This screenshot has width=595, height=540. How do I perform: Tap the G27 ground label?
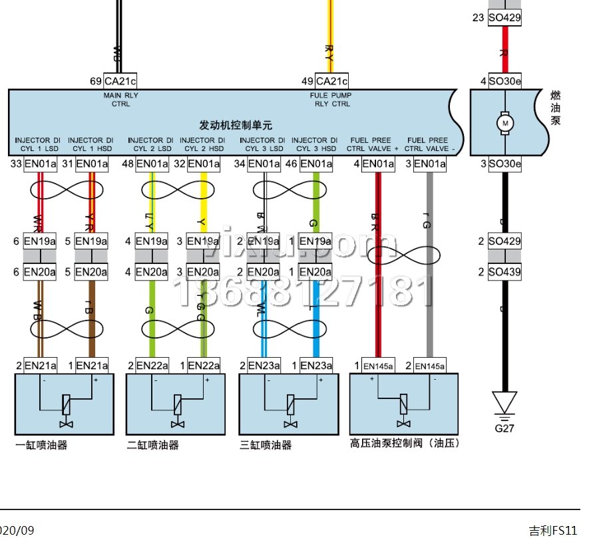(x=504, y=428)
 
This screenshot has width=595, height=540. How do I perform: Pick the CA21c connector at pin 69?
(x=120, y=81)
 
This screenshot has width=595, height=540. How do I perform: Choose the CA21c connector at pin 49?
(x=331, y=81)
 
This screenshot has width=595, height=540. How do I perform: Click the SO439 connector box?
(x=504, y=271)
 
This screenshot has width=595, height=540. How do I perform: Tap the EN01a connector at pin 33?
(x=40, y=164)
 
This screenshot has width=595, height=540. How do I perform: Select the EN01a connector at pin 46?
(x=315, y=164)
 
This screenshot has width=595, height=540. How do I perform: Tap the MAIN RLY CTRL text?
(x=120, y=100)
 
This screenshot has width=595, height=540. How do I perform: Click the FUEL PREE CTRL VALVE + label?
(x=373, y=144)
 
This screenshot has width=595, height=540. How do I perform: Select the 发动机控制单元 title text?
(x=236, y=124)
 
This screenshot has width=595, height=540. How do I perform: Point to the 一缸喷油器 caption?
(x=41, y=445)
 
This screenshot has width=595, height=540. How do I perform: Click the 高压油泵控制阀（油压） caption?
(x=405, y=443)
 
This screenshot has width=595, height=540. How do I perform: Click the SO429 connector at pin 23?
(x=504, y=18)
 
